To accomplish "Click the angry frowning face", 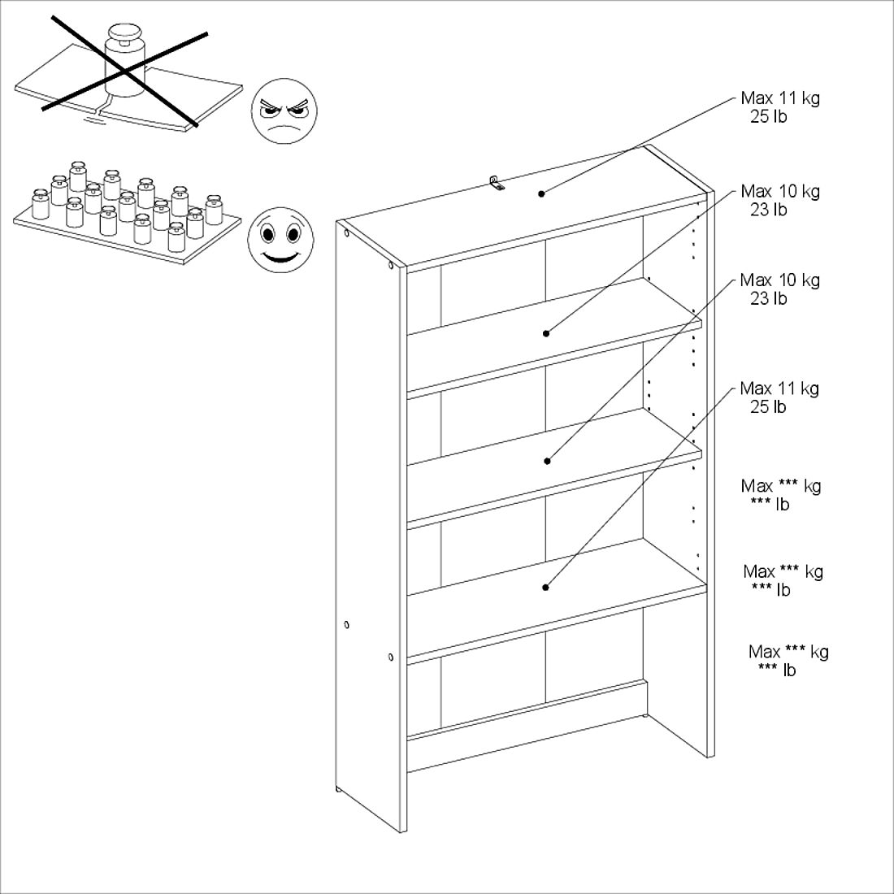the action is point(284,111).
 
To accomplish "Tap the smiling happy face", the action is point(280,240).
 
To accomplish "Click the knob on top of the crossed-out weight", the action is point(125,33).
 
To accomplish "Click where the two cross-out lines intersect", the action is point(124,70).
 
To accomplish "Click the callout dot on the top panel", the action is point(541,194).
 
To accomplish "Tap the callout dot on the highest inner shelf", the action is point(545,333).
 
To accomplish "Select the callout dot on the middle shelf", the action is point(547,461).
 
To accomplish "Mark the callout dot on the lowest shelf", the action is point(545,588).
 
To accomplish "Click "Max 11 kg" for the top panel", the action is point(780,98).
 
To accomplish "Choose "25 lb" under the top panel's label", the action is point(768,116).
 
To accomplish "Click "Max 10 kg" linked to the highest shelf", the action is point(780,191).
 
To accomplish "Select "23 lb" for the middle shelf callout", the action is point(768,298).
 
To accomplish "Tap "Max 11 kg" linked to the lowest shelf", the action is point(779,388).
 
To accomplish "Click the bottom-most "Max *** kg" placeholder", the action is point(788,651).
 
